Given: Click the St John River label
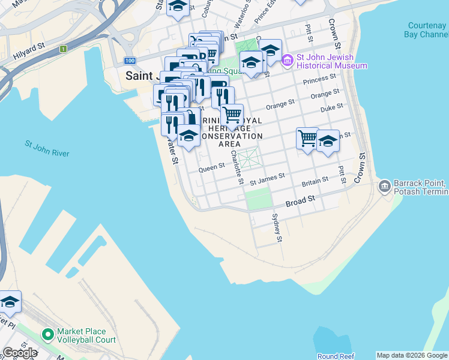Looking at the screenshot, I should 47,149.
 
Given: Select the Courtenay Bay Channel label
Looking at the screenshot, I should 426,30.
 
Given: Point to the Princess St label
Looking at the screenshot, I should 319,79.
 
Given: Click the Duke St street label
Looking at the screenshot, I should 331,107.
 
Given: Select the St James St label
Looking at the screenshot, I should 267,178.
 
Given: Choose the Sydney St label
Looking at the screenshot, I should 278,228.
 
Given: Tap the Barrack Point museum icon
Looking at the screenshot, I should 385,187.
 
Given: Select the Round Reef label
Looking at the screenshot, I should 336,356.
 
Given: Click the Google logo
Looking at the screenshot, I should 19,353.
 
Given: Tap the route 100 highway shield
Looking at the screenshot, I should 130,61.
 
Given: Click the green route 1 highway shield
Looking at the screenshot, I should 62,49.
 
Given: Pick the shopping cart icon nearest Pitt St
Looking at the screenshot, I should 307,139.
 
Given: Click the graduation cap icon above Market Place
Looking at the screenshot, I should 9,303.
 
